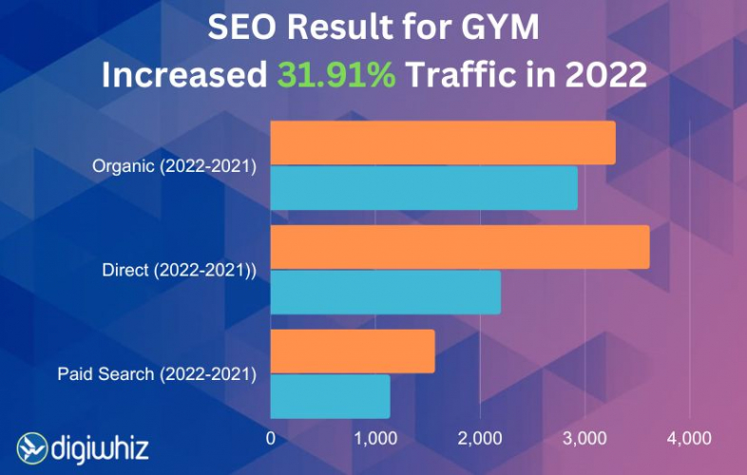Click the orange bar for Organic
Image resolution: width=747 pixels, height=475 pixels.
click(443, 142)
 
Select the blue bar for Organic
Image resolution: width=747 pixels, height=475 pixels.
click(424, 187)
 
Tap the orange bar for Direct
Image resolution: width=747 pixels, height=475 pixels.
click(460, 247)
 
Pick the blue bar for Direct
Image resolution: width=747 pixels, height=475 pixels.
click(385, 292)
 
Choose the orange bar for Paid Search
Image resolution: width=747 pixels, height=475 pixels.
click(353, 351)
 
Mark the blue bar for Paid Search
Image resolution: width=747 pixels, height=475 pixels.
click(330, 396)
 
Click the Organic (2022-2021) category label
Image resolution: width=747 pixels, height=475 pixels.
click(175, 166)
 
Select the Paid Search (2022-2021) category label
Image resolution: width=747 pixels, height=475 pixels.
click(157, 373)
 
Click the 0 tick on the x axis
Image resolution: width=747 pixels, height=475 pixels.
click(271, 438)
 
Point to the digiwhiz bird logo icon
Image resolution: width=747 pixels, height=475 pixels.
click(32, 447)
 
